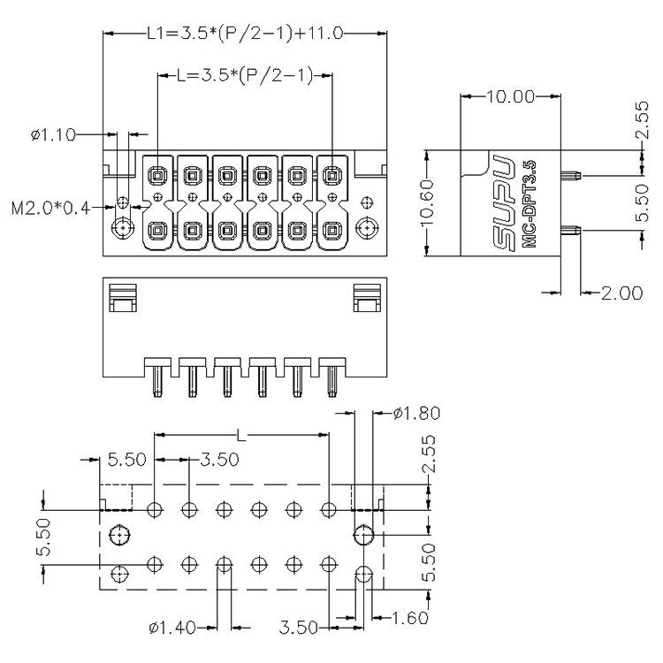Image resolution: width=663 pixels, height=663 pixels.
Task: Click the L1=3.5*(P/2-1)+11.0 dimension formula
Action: coord(245,33)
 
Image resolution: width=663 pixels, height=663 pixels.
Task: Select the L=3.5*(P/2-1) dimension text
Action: coord(245,76)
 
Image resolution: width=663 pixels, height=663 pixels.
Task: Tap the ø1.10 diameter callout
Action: coord(53,135)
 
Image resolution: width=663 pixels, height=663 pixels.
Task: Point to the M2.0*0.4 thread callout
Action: coord(50,208)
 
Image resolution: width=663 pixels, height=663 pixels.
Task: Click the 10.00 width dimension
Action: coord(510,97)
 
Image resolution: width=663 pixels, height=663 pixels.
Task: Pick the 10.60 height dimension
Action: coord(428,203)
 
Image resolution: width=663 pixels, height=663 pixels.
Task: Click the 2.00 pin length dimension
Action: coord(621,293)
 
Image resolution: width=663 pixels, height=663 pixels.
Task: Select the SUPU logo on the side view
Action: coord(504,203)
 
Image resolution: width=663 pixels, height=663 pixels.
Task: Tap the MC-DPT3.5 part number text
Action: coord(529,204)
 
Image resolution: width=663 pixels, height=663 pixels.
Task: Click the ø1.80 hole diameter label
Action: coord(417,413)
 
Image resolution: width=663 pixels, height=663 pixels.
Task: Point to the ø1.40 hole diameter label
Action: coord(172,628)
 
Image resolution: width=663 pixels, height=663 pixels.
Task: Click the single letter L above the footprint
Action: coord(241,435)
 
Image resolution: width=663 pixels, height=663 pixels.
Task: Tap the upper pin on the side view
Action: coord(570,175)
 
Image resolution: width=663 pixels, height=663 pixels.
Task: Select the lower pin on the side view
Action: coord(570,230)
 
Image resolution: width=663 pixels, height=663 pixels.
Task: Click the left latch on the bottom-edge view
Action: coord(123,298)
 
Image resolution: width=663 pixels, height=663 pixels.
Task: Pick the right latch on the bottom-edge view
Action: coord(367,298)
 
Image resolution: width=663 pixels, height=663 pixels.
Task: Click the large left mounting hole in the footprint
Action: coord(120,537)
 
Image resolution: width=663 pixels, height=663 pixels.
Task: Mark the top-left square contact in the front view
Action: coord(157,175)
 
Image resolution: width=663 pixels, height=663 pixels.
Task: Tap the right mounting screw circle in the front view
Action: coord(367,228)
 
